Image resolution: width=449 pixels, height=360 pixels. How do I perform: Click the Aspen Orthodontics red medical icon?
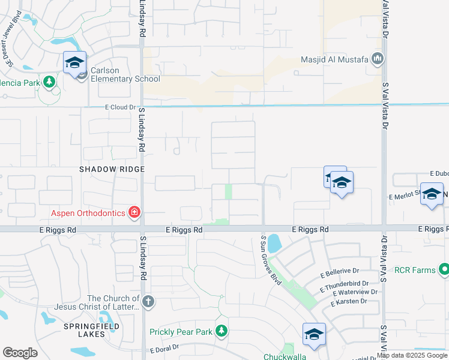(x=134, y=212)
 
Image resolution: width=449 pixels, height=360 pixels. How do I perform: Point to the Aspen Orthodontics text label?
(x=88, y=212)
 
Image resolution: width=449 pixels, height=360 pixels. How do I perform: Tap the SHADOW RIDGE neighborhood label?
(x=112, y=169)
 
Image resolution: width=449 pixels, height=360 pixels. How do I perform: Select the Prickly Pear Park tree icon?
(x=221, y=331)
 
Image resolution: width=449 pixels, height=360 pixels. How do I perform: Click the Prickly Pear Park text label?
(x=181, y=331)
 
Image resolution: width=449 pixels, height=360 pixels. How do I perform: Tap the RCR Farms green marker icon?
(x=444, y=269)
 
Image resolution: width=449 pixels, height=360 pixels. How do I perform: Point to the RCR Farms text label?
(x=415, y=270)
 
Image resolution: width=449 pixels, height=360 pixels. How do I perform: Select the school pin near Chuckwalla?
(x=314, y=334)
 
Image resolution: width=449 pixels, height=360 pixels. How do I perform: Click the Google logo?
(x=20, y=353)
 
